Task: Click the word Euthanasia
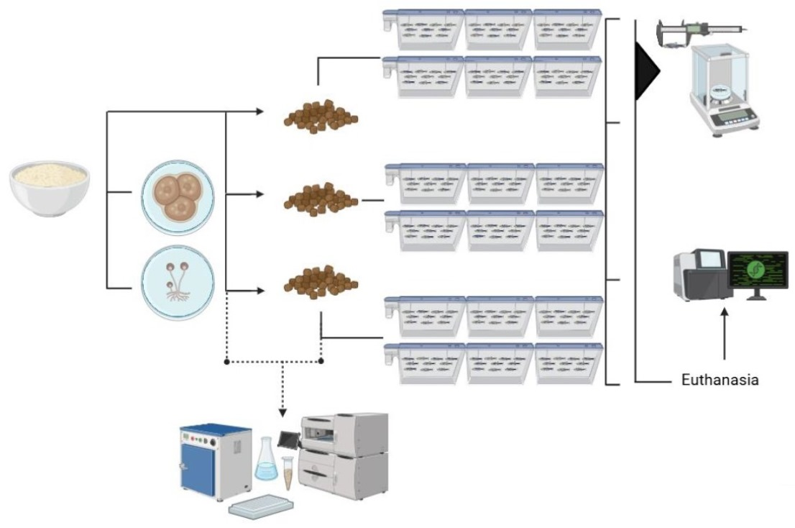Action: point(720,380)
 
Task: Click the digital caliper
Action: point(700,31)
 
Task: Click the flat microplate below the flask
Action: point(262,506)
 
